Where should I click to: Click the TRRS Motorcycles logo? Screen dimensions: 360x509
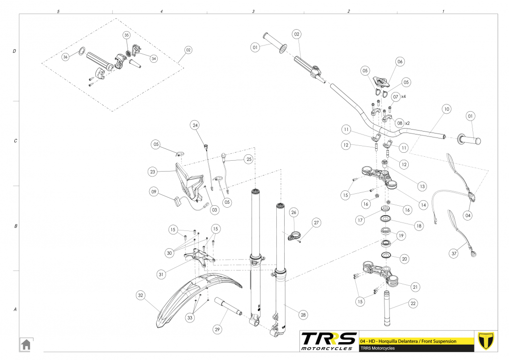click(329, 341)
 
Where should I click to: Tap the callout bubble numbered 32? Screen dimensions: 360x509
click(141, 295)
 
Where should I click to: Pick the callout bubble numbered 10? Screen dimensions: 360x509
click(446, 108)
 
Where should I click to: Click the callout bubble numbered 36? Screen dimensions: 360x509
click(65, 57)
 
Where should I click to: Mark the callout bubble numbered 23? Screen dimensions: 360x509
click(152, 172)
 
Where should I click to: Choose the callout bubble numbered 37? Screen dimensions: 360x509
click(454, 253)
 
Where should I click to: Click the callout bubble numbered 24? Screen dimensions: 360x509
click(195, 126)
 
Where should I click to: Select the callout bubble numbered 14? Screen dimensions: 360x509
click(422, 203)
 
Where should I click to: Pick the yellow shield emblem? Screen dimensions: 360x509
click(487, 341)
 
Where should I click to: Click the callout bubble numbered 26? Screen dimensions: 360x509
click(294, 213)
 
